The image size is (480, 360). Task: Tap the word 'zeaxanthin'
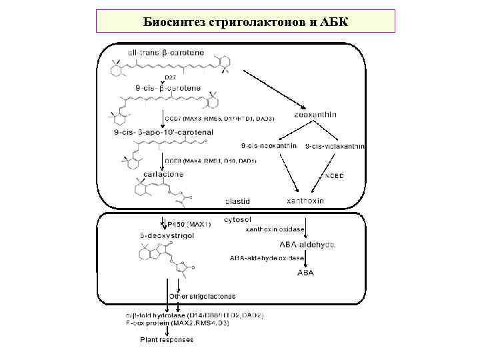point(315,115)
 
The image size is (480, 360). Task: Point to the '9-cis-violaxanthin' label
point(335,145)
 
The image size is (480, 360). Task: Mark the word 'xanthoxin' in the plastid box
point(305,201)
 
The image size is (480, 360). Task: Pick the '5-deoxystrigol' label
point(167,235)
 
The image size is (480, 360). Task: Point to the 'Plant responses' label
point(167,339)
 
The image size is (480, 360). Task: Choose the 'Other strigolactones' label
point(202,295)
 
